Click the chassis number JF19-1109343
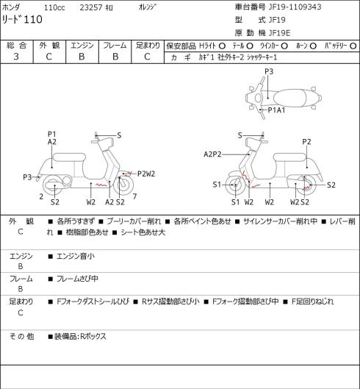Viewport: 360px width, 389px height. [295, 7]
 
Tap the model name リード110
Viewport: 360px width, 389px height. [22, 19]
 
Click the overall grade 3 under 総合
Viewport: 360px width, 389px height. [16, 57]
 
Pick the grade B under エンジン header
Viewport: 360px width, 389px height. [82, 57]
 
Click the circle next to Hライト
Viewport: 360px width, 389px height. [222, 46]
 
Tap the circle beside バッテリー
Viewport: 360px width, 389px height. [353, 46]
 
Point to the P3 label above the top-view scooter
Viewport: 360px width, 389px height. [269, 71]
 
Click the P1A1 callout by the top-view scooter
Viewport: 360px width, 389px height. [276, 110]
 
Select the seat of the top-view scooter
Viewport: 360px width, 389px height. [289, 98]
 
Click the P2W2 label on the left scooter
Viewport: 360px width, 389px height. [146, 174]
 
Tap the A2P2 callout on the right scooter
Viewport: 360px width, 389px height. [212, 154]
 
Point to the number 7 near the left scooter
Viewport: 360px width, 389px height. [134, 197]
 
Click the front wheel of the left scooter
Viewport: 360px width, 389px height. [123, 185]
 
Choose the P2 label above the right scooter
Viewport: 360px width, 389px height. [306, 142]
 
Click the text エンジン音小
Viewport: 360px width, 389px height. [76, 256]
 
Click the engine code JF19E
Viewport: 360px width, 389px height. [280, 33]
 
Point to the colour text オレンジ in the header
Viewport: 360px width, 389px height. [148, 7]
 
